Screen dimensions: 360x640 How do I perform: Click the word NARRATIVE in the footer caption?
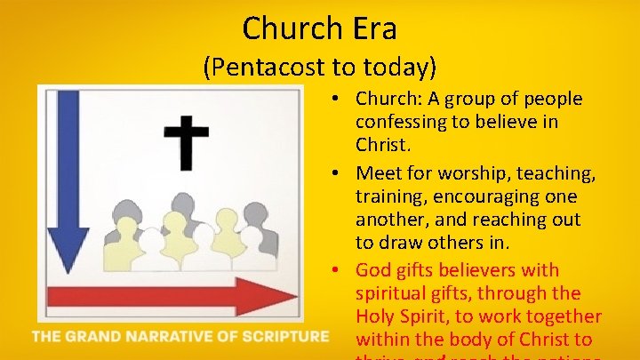click(x=177, y=336)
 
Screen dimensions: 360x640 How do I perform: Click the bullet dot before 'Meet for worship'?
click(x=342, y=172)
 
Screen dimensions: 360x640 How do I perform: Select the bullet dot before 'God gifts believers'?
click(x=342, y=269)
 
